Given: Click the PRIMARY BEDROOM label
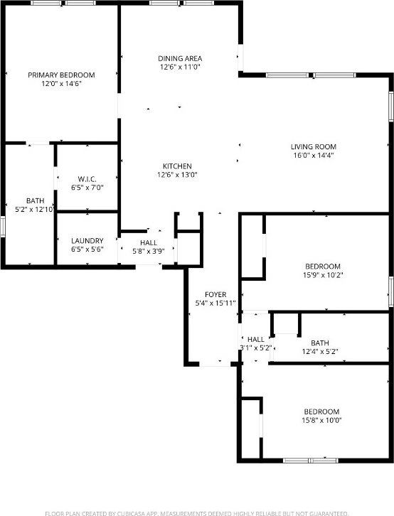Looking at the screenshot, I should [x=61, y=75].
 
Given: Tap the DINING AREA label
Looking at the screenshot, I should [x=180, y=58].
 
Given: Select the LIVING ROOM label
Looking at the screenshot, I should [x=313, y=147].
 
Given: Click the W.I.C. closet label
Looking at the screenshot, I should [x=87, y=179].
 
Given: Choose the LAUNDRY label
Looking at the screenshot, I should [x=87, y=241].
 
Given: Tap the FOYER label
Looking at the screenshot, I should [x=215, y=294].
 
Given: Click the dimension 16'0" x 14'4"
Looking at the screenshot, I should [x=313, y=156].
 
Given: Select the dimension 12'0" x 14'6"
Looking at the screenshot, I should [x=61, y=83].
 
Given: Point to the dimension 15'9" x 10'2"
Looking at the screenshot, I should [x=322, y=276].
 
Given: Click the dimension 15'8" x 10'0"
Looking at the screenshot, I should [x=322, y=420].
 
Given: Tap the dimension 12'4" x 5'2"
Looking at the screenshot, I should [x=319, y=351].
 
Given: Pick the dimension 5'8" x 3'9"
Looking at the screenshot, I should [x=148, y=251].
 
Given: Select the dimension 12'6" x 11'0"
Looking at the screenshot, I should [x=180, y=67].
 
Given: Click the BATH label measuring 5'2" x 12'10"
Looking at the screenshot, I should [x=35, y=200].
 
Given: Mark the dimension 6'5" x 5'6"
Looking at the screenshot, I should [x=87, y=249].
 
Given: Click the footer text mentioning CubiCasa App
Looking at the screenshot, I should [x=196, y=512].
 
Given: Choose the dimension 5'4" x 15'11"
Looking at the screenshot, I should [x=215, y=303].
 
